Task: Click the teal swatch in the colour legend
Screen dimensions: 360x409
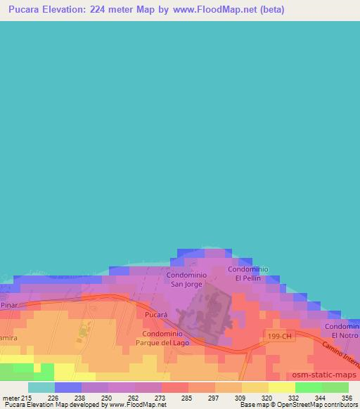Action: [41, 387]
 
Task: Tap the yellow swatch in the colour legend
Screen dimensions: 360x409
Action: [282, 387]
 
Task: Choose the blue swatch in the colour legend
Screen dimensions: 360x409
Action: [68, 387]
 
